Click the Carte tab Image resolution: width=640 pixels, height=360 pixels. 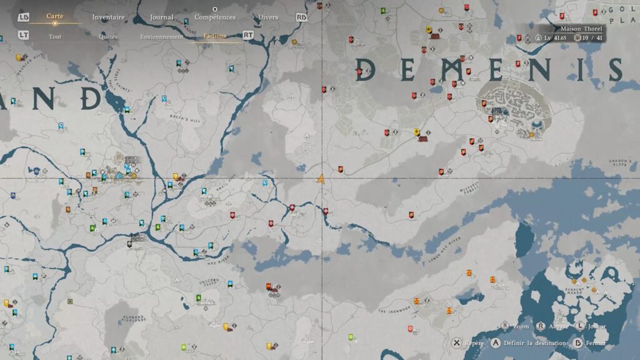pyautogui.click(x=54, y=16)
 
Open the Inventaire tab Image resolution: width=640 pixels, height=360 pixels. pyautogui.click(x=108, y=17)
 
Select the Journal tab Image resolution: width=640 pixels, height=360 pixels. pyautogui.click(x=161, y=17)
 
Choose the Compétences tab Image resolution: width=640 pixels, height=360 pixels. pyautogui.click(x=215, y=17)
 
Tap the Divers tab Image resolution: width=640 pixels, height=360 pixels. pyautogui.click(x=268, y=17)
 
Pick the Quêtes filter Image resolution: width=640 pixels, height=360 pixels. pyautogui.click(x=108, y=36)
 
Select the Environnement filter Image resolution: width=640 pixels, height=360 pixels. pyautogui.click(x=162, y=36)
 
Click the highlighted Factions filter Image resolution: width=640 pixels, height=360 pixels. pyautogui.click(x=215, y=36)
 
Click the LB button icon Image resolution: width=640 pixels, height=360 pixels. pyautogui.click(x=24, y=17)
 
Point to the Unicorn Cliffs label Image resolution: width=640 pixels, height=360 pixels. pyautogui.click(x=209, y=282)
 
